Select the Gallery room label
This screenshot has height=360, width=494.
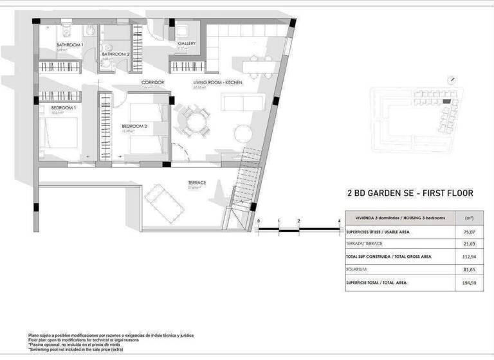187,44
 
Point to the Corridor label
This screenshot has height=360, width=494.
153,83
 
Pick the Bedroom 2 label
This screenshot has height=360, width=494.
134,127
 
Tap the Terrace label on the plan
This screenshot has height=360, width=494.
197,183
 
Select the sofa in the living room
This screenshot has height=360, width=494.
242,103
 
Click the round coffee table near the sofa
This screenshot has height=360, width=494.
242,133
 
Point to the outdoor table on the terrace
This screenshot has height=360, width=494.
164,204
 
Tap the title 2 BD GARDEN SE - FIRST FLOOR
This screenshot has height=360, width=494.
410,193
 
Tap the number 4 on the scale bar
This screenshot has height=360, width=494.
338,221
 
